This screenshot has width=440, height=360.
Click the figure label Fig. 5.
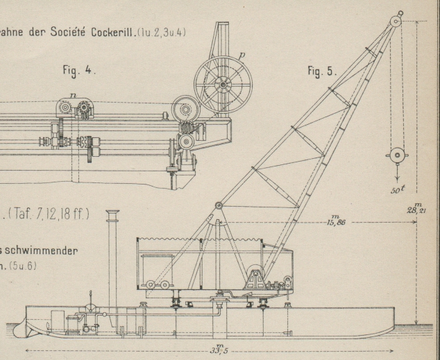point(321,71)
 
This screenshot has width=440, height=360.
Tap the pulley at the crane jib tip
point(396,21)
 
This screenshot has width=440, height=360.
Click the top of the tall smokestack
point(112,213)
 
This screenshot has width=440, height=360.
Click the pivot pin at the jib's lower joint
point(218,205)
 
